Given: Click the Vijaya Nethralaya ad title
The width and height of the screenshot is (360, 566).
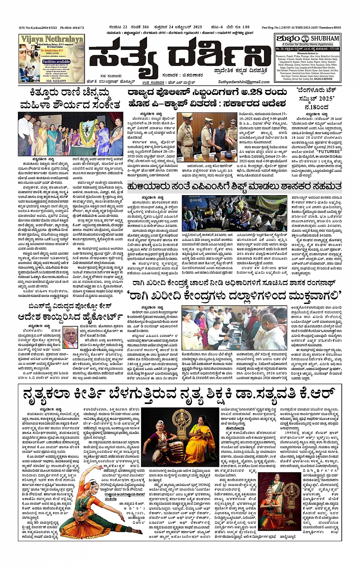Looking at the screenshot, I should [x=52, y=39].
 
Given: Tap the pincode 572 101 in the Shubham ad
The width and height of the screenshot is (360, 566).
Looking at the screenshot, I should [x=333, y=49].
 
